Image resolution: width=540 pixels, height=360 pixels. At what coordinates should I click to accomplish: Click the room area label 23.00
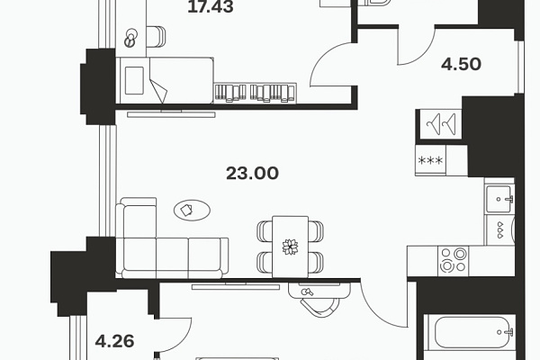252,174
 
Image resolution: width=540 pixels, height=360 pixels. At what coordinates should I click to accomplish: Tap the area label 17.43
211,7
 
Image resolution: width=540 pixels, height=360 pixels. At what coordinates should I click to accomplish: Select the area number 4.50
461,65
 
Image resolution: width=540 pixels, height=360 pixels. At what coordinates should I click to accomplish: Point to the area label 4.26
114,341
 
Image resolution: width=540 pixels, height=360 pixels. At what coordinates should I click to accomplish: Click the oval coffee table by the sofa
193,210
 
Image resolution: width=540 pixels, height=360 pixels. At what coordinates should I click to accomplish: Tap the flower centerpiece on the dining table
290,247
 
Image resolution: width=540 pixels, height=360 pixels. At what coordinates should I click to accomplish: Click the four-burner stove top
454,261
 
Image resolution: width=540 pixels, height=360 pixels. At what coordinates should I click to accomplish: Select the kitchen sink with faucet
499,199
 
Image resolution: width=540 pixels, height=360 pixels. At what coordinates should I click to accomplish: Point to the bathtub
470,332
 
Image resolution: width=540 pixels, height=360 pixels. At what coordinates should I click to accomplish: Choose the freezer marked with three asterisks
430,160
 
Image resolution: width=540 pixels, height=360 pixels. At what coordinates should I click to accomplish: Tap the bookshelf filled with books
256,93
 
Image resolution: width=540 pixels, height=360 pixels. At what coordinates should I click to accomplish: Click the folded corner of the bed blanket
158,90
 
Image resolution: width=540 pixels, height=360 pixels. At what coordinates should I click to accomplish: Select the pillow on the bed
134,80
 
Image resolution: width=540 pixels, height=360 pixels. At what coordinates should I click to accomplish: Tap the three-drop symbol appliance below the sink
499,229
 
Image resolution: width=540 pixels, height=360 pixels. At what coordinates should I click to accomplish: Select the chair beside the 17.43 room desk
156,37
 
